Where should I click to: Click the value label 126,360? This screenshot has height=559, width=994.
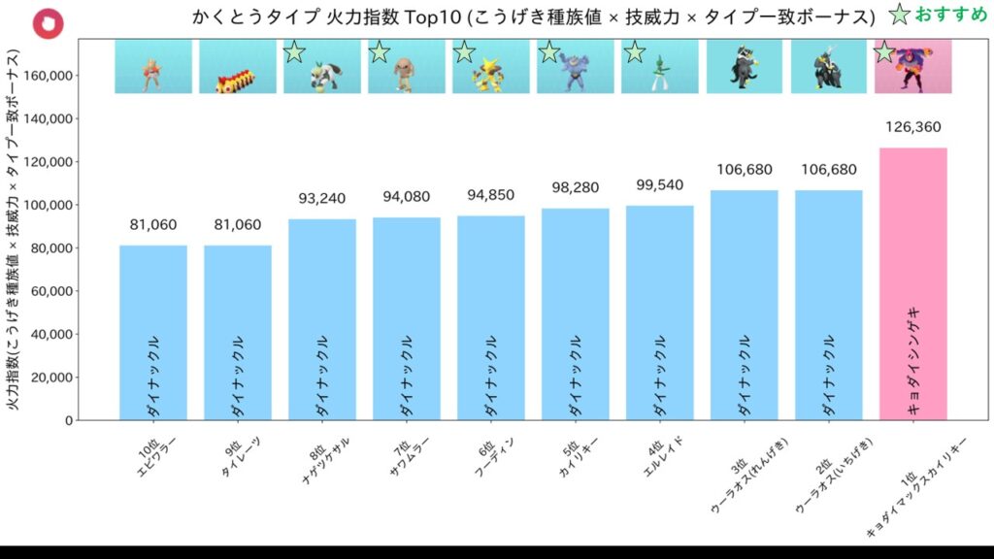tap(912, 127)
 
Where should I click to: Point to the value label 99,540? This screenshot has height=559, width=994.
tap(659, 185)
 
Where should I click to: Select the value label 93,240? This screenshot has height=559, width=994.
tap(321, 199)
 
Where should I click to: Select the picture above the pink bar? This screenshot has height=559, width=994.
tap(912, 66)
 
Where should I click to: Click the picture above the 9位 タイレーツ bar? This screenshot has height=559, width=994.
tap(238, 66)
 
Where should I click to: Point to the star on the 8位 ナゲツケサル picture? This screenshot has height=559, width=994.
tap(294, 52)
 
